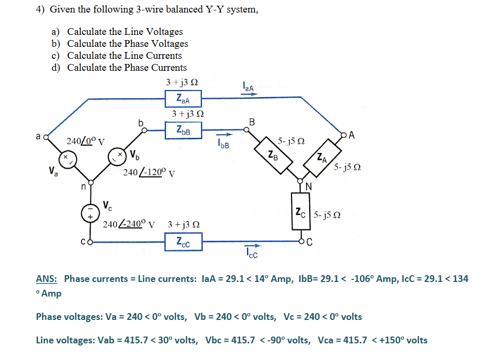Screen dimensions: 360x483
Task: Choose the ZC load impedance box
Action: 300,213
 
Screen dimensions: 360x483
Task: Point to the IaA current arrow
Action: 248,95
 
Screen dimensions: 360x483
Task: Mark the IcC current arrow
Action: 251,247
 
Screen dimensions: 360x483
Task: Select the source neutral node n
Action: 91,183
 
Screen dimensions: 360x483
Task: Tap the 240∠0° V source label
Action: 85,140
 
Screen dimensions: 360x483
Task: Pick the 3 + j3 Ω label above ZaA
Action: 182,82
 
